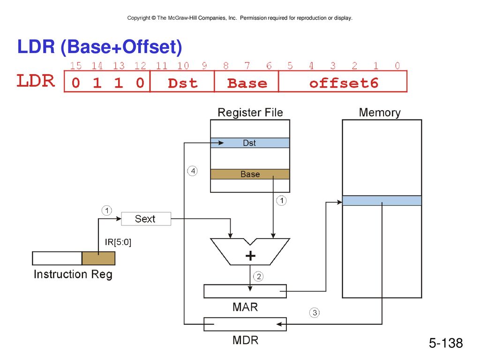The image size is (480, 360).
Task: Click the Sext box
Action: pos(146,218)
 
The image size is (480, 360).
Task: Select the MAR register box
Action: pos(245,291)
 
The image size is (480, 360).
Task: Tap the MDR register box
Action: pos(245,324)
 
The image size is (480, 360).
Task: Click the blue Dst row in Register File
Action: pos(250,143)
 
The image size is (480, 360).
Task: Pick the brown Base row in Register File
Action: pos(250,174)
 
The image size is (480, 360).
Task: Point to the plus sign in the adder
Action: pos(250,255)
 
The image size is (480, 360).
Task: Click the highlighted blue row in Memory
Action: pos(382,201)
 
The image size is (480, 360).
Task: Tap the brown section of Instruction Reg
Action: pos(98,258)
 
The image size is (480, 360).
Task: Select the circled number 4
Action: pos(193,171)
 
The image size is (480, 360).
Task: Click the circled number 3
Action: pos(315,313)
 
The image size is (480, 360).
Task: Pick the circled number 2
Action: pos(259,277)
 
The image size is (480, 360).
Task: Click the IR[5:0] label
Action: pos(118,242)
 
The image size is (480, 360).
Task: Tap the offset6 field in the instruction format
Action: pos(344,83)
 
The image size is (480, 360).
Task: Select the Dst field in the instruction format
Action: pos(182,83)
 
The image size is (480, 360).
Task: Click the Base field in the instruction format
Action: pos(247,83)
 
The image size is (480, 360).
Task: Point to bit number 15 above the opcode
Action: pos(75,66)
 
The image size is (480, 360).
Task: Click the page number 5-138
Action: pos(446,343)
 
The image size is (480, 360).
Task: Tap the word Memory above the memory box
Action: pos(380,112)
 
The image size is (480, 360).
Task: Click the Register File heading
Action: pos(250,112)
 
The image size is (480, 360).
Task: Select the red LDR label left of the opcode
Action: pos(36,81)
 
